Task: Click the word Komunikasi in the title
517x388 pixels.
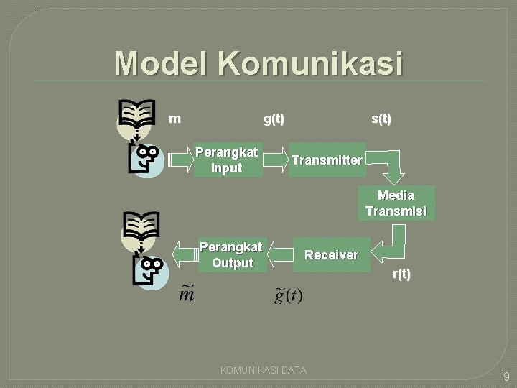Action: [310, 63]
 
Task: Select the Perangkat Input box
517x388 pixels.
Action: [227, 160]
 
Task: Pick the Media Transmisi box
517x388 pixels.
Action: [396, 203]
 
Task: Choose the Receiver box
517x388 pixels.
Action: [331, 254]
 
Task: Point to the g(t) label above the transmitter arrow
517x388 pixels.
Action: [274, 119]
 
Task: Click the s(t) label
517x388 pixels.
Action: [381, 119]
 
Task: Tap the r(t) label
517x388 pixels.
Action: [401, 274]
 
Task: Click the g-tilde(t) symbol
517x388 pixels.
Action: [289, 295]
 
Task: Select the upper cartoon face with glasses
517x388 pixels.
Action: [147, 160]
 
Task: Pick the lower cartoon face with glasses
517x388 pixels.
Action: [149, 272]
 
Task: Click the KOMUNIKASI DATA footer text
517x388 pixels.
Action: [263, 370]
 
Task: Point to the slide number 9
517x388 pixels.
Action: [505, 376]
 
